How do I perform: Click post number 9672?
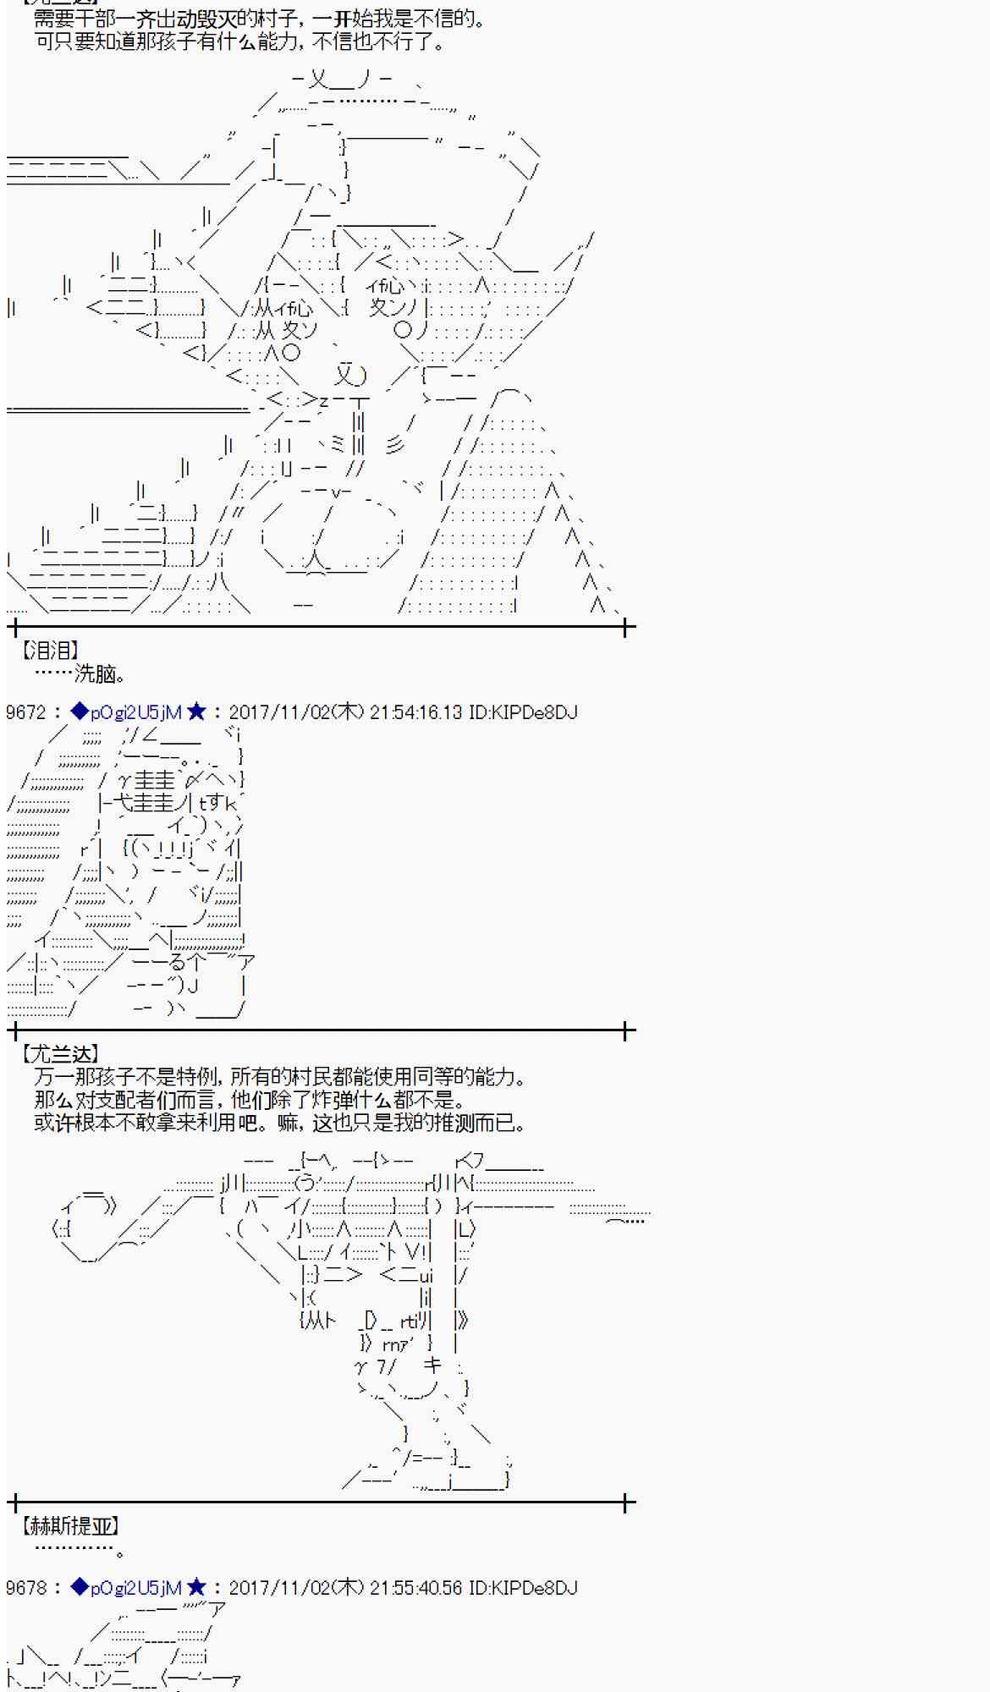25,712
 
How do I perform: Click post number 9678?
25,1588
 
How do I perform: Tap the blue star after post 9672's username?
195,712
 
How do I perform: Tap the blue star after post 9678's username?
195,1588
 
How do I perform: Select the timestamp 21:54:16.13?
416,712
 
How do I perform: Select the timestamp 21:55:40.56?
416,1588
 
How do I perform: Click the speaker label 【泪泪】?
50,650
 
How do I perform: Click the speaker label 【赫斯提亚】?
69,1525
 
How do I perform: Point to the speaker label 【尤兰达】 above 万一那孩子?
60,1054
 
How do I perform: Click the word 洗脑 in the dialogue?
95,673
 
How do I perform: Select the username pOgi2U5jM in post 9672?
135,712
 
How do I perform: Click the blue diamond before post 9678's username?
80,1588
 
